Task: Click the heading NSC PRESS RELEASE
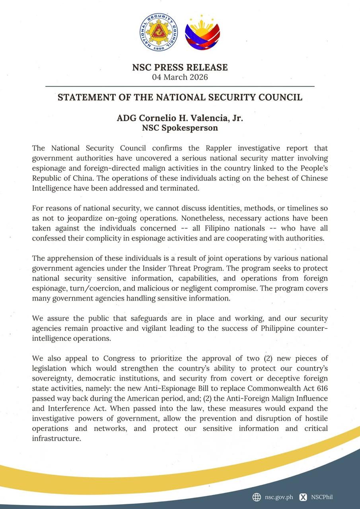point(180,67)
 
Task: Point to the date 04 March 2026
point(180,77)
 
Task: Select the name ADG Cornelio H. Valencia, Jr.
point(180,119)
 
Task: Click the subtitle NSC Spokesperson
point(180,128)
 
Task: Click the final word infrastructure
point(56,439)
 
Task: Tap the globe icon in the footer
point(257,497)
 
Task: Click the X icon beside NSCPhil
point(303,497)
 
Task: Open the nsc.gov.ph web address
point(279,497)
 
